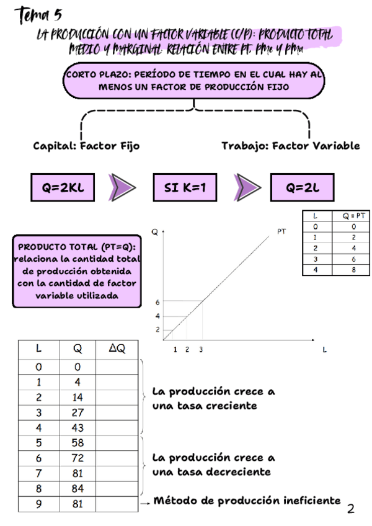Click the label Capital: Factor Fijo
coord(86,146)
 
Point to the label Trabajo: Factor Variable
coord(290,146)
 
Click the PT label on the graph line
coord(281,232)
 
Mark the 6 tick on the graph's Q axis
coord(157,302)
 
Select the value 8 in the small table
coord(353,270)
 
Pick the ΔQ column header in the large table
coord(117,349)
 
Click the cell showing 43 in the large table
coord(77,428)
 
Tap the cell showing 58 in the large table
coord(77,444)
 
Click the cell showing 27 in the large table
coord(77,412)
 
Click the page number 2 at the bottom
coord(352,509)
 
